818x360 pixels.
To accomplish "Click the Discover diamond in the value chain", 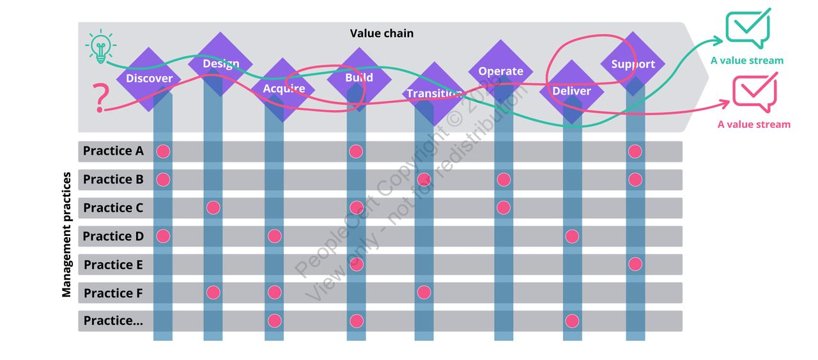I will point(149,79).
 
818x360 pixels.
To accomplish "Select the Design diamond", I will point(221,64).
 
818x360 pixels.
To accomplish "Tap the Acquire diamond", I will point(284,89).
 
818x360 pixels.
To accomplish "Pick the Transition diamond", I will point(435,93).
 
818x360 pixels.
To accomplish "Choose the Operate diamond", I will point(500,71).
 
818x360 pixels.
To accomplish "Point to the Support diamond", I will point(633,64).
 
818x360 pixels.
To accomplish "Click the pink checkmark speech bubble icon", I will point(755,93).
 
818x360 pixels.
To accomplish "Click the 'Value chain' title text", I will point(382,33).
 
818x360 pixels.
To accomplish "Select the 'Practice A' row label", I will point(113,152).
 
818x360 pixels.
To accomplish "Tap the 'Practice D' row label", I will point(113,237).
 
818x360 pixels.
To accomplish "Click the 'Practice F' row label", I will point(113,293).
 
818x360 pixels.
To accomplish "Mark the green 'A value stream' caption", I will point(746,61).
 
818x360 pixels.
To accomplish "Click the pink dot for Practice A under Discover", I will point(163,152).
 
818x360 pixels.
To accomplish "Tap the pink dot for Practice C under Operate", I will point(504,208).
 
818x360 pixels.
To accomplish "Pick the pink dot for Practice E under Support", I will point(635,264).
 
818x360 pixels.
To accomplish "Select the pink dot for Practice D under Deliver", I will point(572,237).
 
